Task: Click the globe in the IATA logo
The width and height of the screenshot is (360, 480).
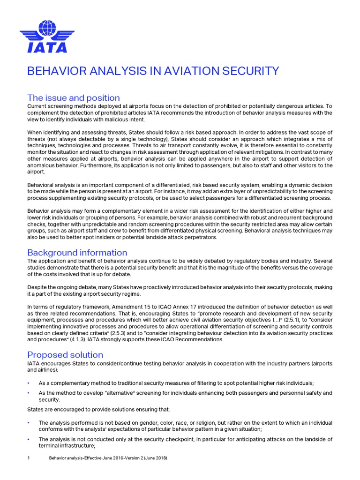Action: tap(47, 28)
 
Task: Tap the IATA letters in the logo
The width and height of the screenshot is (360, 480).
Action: tap(47, 47)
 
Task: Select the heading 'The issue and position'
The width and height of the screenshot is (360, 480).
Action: tap(74, 98)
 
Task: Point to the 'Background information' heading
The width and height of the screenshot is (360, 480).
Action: tap(77, 253)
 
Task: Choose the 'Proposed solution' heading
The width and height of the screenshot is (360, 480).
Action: tap(65, 354)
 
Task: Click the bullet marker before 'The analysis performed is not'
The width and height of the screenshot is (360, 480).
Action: tap(29, 423)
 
